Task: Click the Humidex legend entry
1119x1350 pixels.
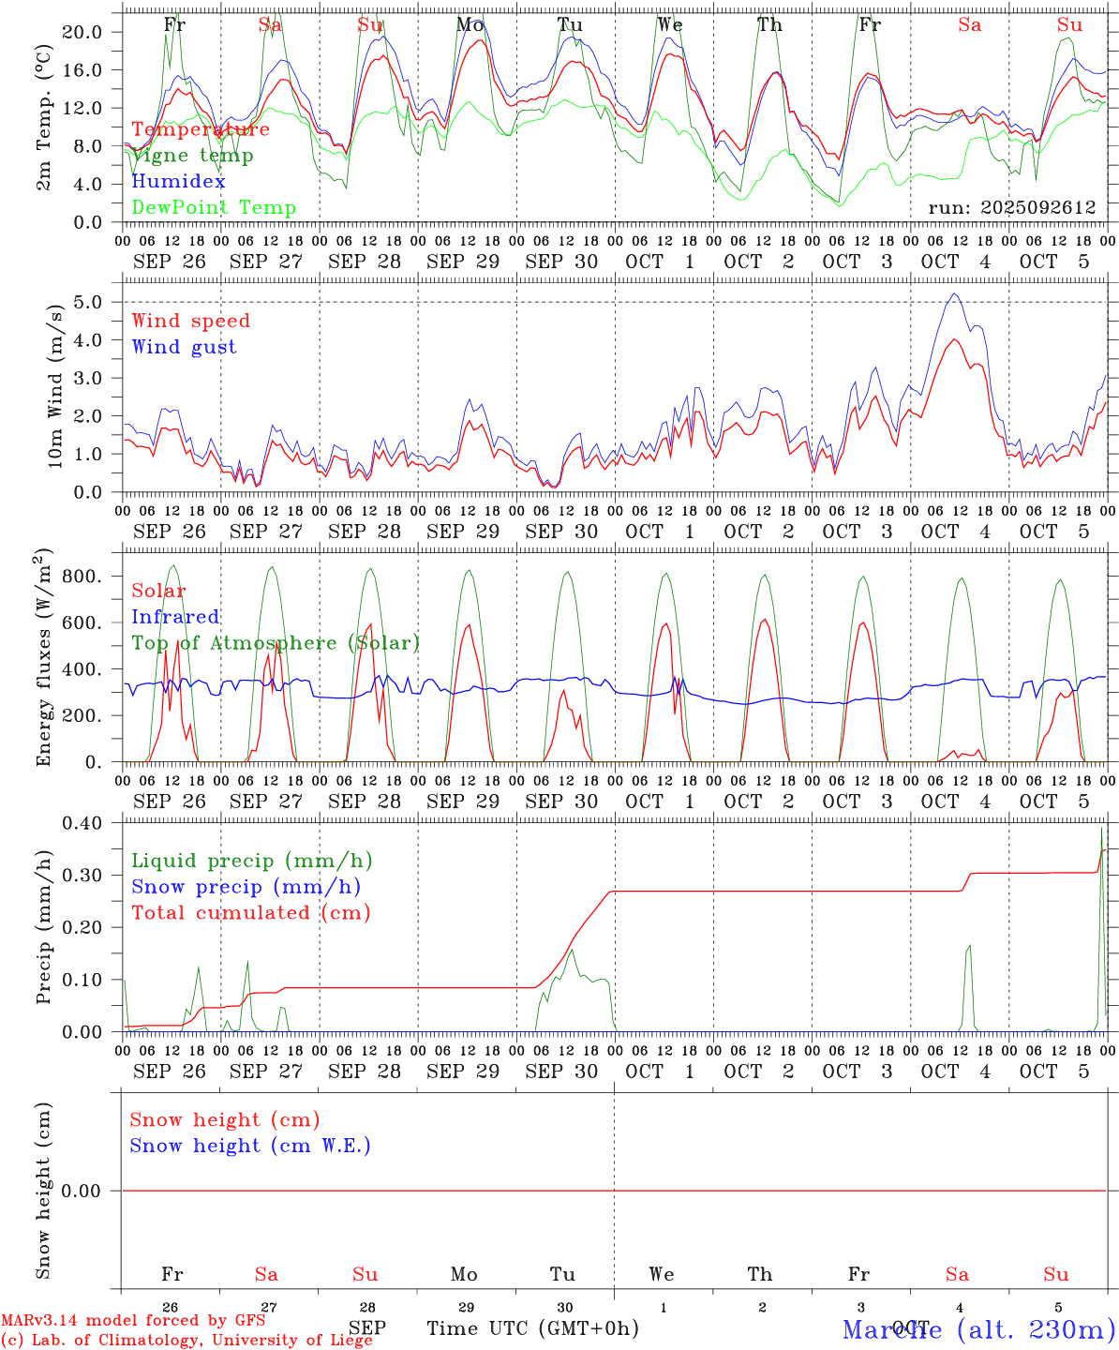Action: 178,182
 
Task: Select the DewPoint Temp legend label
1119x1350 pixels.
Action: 214,208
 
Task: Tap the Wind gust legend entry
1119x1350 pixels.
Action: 184,347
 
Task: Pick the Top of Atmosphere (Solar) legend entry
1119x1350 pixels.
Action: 276,643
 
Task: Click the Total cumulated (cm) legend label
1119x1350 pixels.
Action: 251,913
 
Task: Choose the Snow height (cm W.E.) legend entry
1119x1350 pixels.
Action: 250,1146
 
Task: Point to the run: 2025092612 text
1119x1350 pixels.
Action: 1012,208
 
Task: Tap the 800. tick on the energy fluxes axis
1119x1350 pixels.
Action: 82,576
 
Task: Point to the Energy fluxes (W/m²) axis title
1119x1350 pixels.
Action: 44,659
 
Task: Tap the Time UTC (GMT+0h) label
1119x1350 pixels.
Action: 533,1328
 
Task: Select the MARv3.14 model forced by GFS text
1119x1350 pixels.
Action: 133,1321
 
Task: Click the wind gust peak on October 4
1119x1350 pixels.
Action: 954,294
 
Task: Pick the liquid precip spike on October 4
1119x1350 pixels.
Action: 969,946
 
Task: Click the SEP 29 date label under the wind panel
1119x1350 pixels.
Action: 463,532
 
